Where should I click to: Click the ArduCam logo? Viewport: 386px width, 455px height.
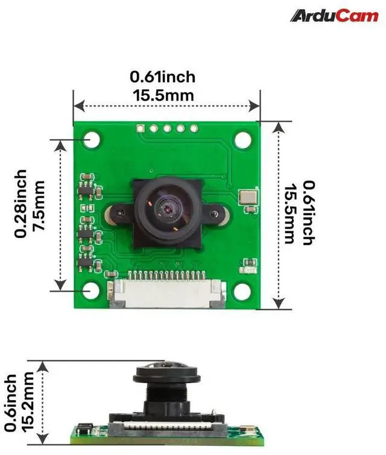click(334, 16)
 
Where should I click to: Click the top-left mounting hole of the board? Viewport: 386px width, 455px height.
click(92, 140)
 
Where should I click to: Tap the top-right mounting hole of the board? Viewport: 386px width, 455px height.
click(243, 140)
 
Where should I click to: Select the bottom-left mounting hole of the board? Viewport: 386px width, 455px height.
click(90, 290)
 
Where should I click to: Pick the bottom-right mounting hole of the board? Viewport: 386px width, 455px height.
click(242, 290)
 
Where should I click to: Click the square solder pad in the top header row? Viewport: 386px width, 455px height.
click(141, 128)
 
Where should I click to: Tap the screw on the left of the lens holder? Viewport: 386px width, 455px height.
click(119, 214)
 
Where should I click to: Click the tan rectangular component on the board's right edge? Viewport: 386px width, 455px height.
click(248, 197)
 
